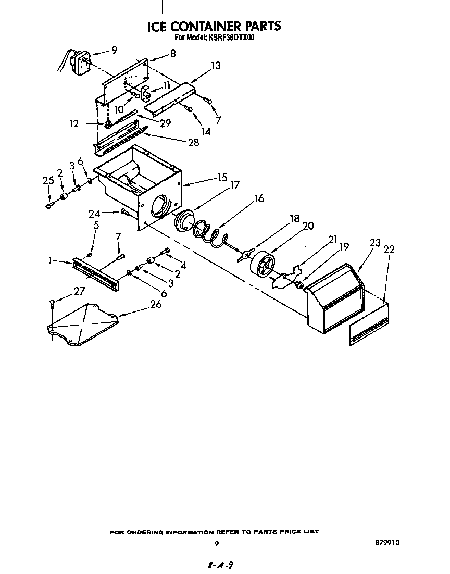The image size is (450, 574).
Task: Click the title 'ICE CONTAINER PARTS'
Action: click(214, 26)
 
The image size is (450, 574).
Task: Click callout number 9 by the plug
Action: click(114, 50)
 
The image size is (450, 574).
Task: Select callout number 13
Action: click(216, 66)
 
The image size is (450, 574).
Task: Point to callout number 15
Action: click(222, 178)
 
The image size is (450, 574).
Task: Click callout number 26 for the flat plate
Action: click(156, 304)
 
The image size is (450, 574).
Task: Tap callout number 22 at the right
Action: click(389, 249)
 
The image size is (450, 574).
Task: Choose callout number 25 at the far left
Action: click(48, 180)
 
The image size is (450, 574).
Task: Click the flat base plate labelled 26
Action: click(83, 326)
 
